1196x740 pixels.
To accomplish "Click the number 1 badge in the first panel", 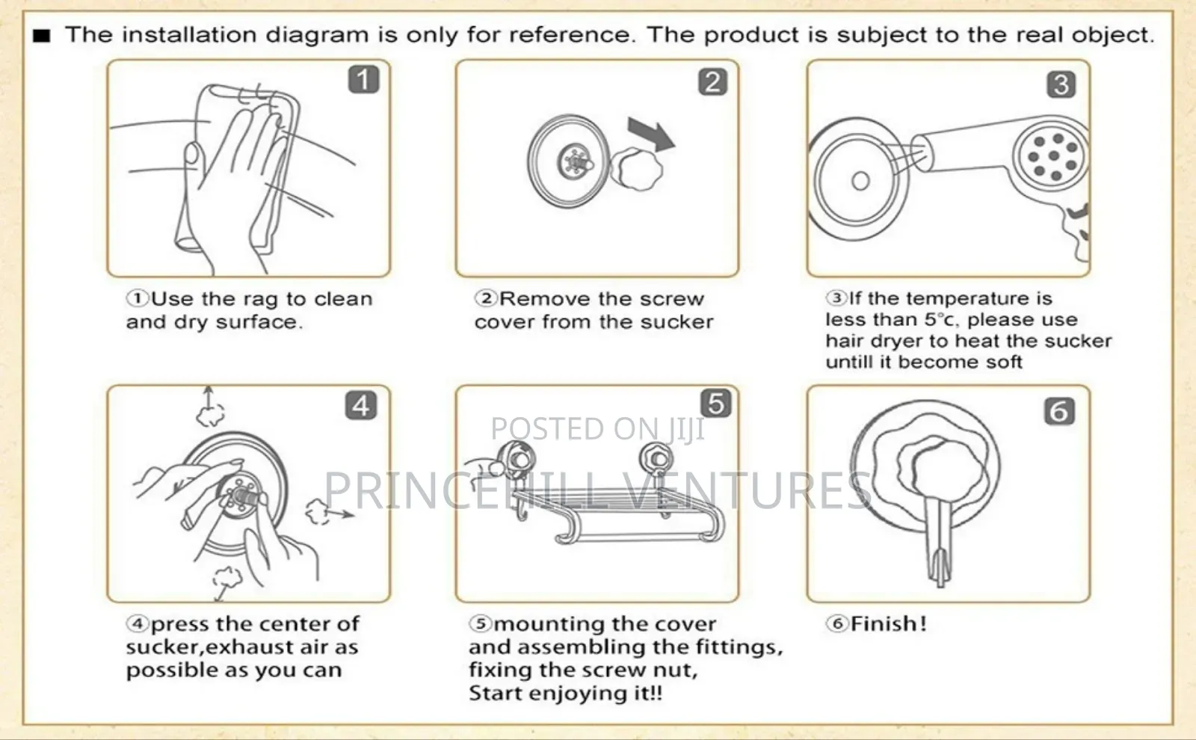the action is (x=363, y=79).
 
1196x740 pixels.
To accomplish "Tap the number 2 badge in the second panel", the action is (x=713, y=81).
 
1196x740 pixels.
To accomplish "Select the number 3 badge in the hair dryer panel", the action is (x=1061, y=84).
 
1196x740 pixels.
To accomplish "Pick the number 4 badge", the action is (x=361, y=405).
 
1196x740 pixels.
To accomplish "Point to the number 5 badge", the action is (x=716, y=403).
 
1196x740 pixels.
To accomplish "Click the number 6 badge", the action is (x=1059, y=411).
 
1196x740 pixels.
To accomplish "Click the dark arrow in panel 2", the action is (x=651, y=135).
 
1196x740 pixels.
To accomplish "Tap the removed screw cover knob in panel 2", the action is (x=636, y=169).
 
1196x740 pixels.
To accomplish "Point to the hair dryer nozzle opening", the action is (x=922, y=152).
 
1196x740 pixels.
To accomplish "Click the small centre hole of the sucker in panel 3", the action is (x=860, y=181).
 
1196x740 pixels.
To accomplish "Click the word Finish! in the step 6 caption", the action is (x=889, y=623).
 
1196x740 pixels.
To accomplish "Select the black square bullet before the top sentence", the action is (x=42, y=36).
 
